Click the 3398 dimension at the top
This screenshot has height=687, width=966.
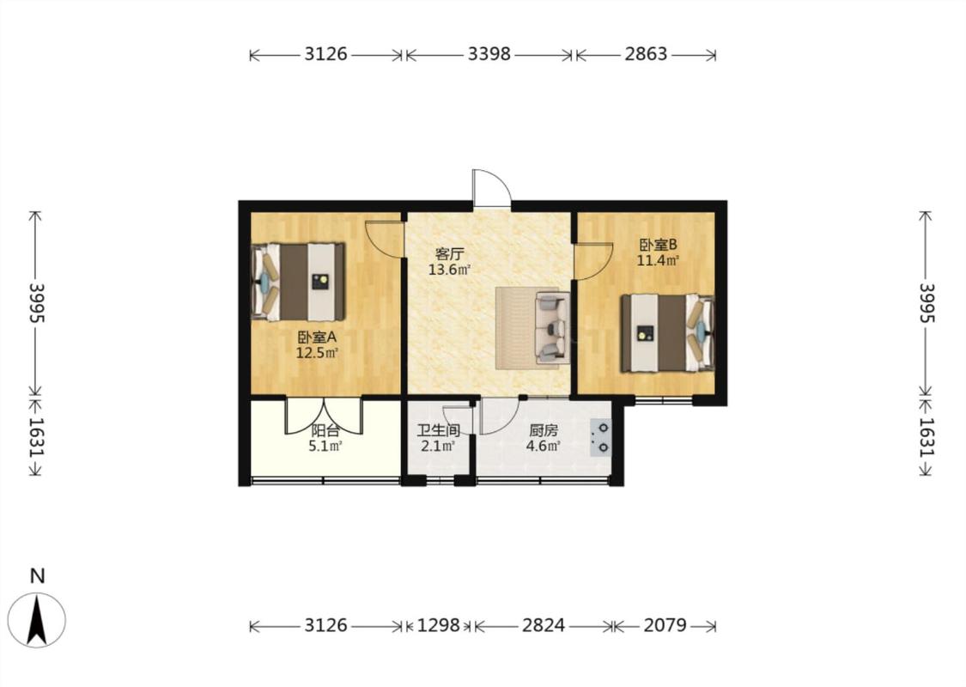click(x=489, y=54)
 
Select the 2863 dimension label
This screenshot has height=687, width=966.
click(x=646, y=54)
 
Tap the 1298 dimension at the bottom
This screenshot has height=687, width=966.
click(x=439, y=625)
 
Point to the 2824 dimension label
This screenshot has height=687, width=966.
click(x=544, y=625)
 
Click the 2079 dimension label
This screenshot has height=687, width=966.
click(x=665, y=625)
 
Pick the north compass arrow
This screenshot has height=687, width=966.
click(x=37, y=620)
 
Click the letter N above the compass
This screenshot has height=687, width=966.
click(x=38, y=576)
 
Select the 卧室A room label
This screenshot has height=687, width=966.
click(x=317, y=337)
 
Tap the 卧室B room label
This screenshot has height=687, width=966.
click(x=658, y=245)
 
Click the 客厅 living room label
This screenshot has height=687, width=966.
click(x=449, y=254)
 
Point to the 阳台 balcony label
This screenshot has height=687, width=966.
click(x=325, y=431)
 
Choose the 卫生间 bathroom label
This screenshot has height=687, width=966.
click(x=438, y=431)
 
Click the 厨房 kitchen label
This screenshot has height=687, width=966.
click(x=543, y=431)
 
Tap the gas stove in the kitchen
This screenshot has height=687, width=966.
click(x=601, y=437)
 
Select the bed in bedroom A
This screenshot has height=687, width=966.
click(x=298, y=282)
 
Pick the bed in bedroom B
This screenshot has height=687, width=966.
click(x=667, y=333)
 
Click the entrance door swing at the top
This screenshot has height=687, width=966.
click(x=492, y=188)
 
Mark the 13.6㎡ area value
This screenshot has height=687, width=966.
click(x=450, y=270)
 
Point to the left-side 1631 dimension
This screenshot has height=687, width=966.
click(x=36, y=437)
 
